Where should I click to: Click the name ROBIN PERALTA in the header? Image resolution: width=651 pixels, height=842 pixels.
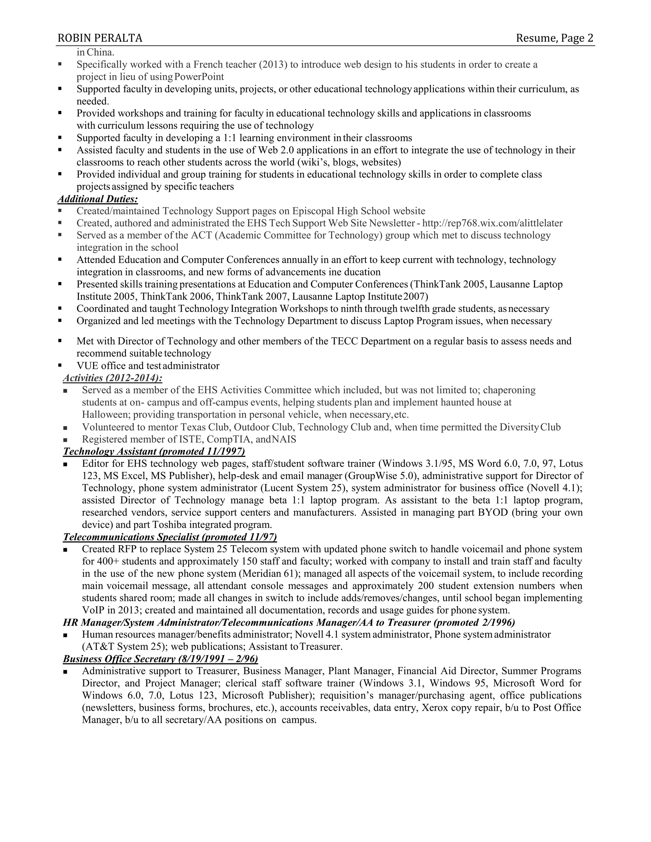[100, 38]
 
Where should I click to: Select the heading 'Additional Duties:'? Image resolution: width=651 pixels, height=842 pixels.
[98, 199]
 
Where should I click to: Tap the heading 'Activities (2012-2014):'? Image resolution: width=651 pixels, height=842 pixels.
[113, 377]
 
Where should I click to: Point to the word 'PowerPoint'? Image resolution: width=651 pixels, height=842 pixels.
[199, 77]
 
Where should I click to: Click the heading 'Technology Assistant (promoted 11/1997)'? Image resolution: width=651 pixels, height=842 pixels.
[154, 451]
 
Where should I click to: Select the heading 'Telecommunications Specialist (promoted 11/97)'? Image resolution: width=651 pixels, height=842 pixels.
[170, 537]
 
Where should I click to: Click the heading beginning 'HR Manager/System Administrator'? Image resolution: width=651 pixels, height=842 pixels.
[289, 622]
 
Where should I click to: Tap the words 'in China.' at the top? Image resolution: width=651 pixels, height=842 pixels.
[96, 52]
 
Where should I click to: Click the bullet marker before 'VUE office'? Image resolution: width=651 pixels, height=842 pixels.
[60, 365]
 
